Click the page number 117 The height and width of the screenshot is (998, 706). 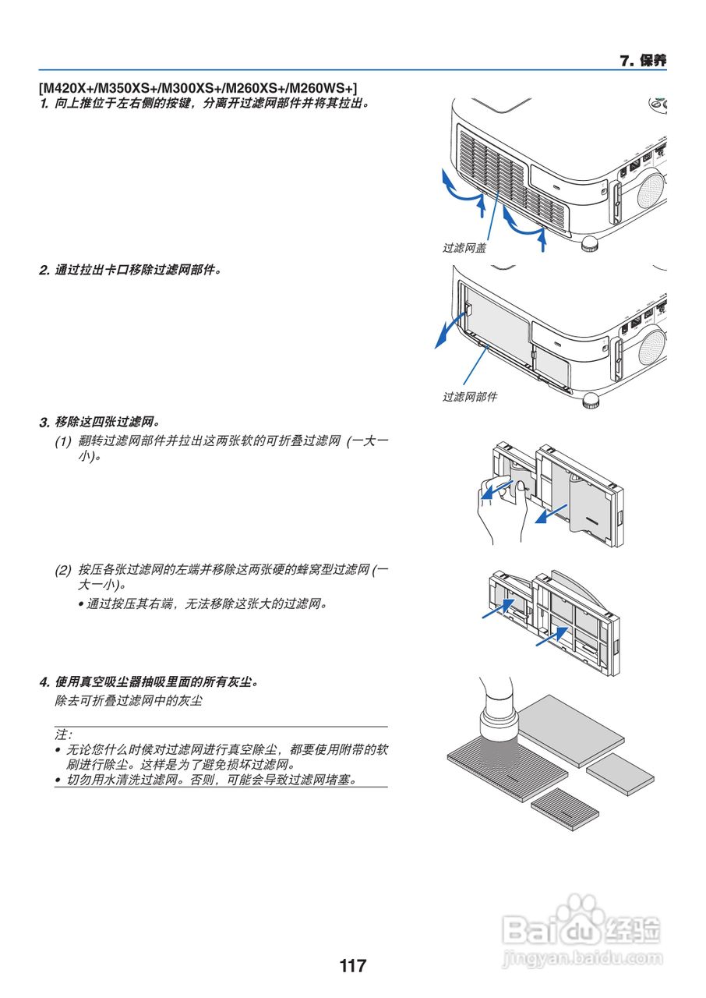(x=352, y=966)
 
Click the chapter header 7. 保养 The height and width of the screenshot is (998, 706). (x=642, y=61)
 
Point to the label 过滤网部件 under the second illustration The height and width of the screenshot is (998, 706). (x=470, y=397)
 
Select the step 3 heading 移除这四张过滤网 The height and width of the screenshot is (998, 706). (x=107, y=422)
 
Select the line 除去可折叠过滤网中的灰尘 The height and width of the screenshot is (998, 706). (x=129, y=701)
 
